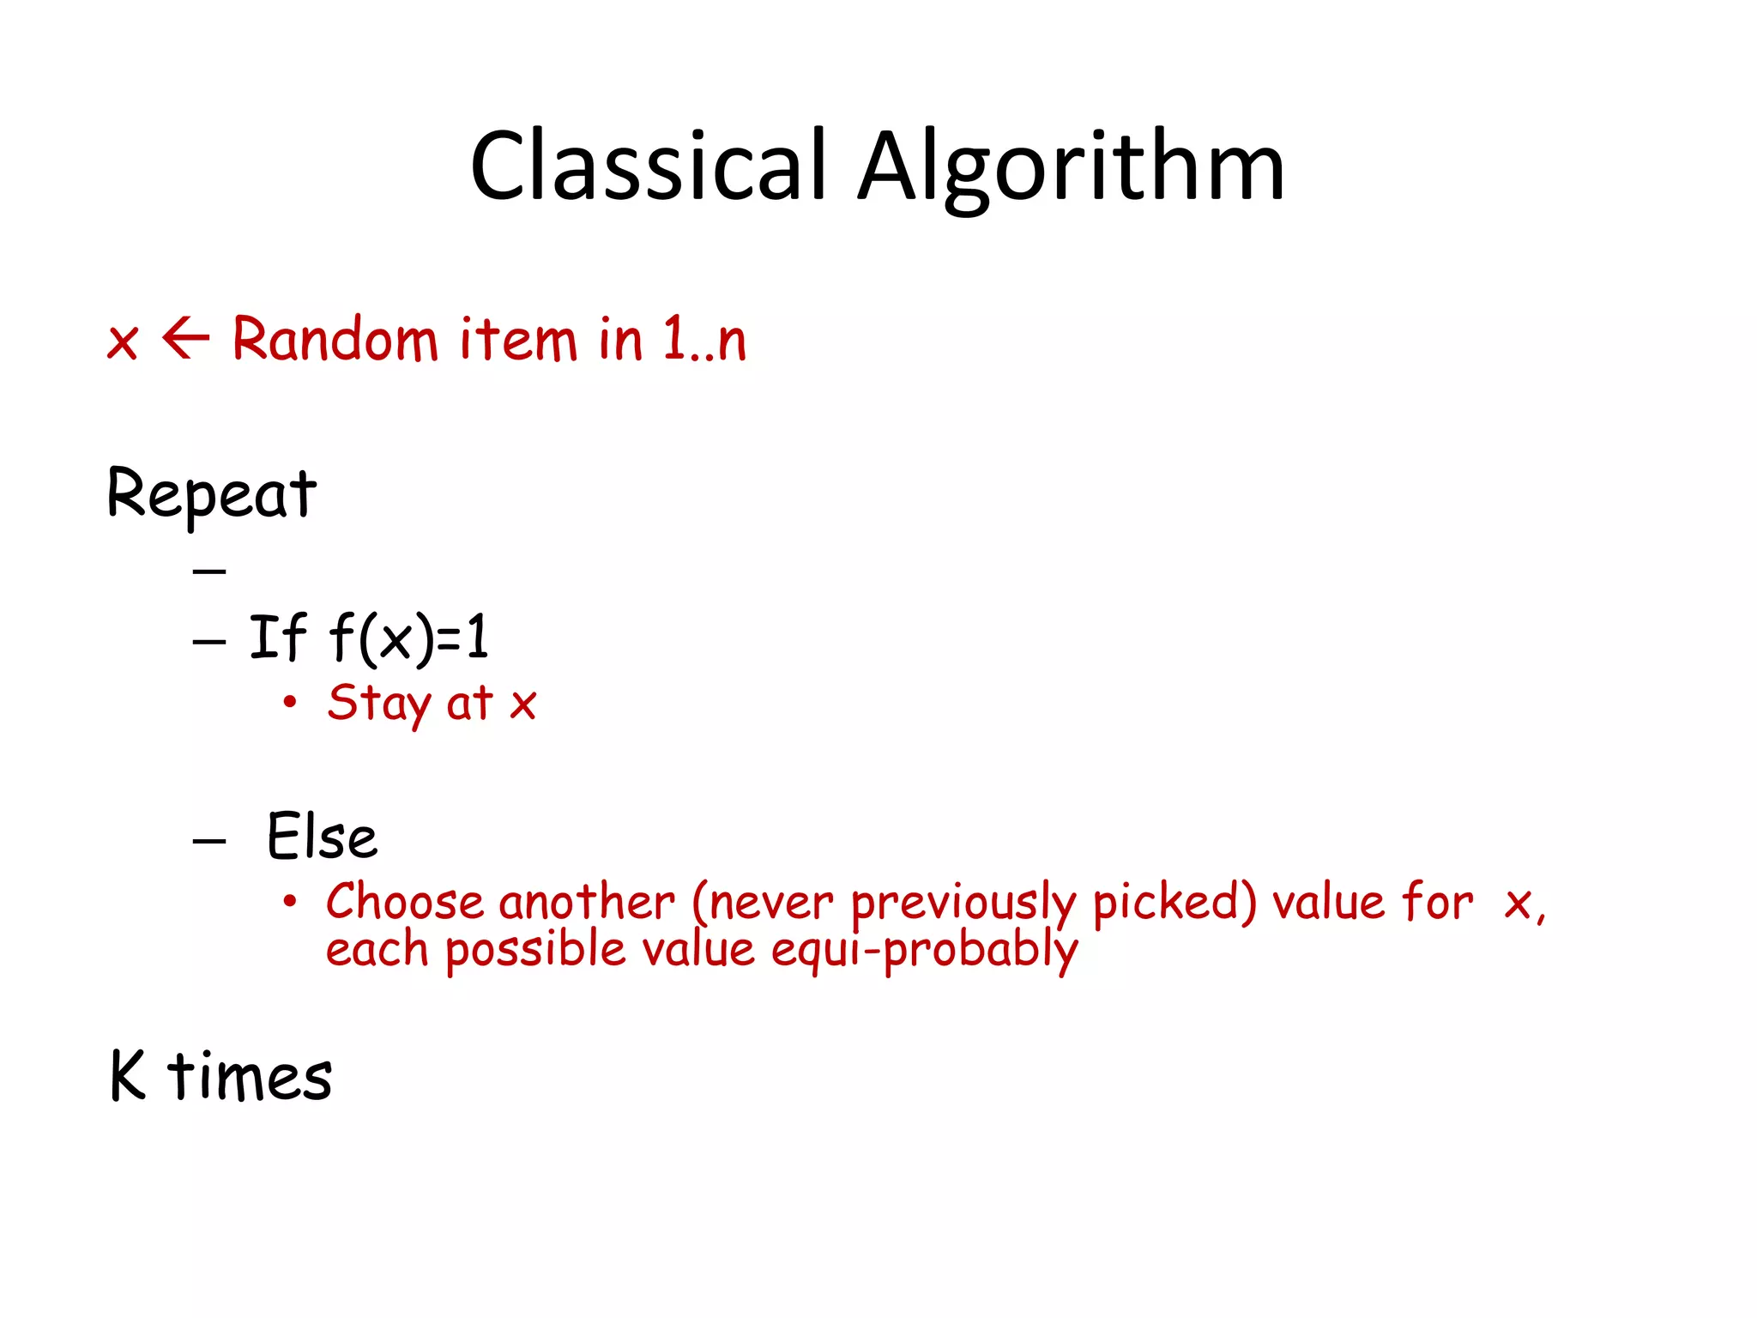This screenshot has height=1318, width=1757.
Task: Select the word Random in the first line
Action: (x=335, y=340)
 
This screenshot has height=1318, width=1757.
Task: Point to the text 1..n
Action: (x=703, y=340)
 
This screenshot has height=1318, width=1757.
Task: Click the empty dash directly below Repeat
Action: (x=209, y=570)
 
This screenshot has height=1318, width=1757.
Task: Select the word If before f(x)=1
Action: (x=276, y=638)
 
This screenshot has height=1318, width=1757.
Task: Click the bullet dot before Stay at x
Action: (x=290, y=702)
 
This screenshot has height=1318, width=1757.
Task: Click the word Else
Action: (x=322, y=837)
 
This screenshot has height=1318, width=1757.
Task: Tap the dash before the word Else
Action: (x=209, y=840)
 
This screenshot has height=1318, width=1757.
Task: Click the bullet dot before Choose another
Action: (x=290, y=901)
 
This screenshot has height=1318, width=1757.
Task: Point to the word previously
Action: (x=963, y=904)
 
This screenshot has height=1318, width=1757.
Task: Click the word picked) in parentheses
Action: (x=1174, y=904)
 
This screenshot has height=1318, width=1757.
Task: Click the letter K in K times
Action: (x=129, y=1075)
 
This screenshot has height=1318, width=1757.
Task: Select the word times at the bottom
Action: (x=250, y=1076)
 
